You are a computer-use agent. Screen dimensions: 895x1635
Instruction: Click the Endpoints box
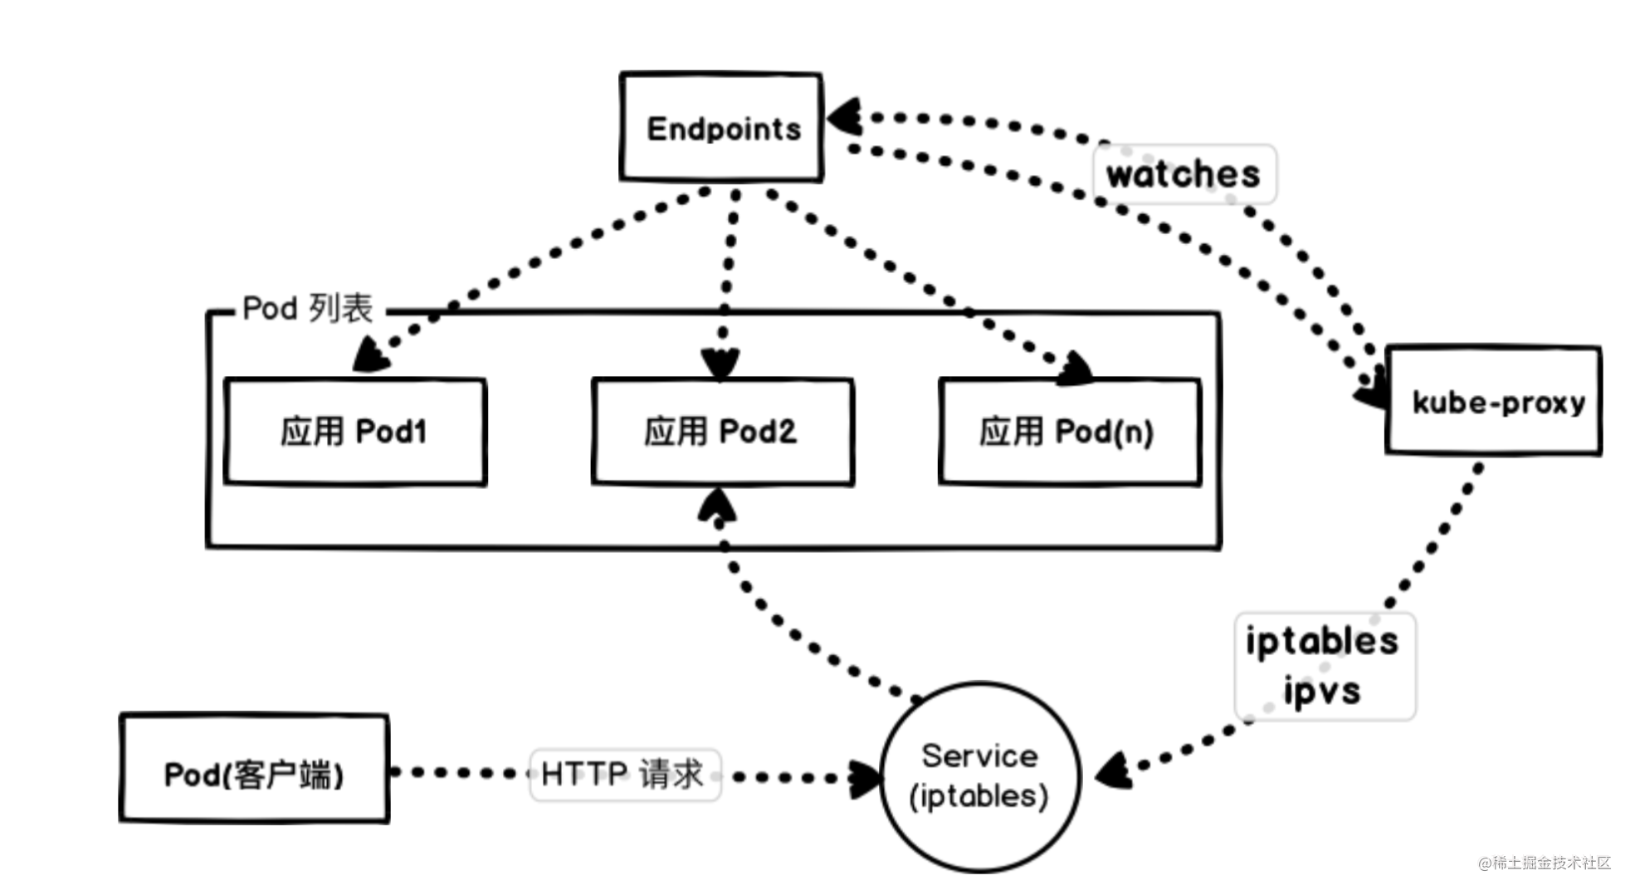[720, 127]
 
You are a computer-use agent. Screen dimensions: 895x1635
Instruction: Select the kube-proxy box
[1493, 401]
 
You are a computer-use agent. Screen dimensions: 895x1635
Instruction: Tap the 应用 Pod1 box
[354, 432]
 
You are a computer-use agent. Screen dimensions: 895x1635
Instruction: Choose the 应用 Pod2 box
[722, 432]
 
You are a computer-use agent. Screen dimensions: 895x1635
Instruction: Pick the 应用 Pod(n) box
[1069, 432]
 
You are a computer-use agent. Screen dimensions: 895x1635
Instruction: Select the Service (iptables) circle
[979, 777]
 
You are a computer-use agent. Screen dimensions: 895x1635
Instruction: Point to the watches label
[1184, 174]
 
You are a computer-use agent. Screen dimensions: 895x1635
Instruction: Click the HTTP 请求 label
[623, 774]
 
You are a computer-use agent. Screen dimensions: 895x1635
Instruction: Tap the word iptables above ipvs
[1322, 641]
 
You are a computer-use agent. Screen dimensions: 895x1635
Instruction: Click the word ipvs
[1322, 691]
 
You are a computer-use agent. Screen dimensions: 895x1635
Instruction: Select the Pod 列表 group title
[308, 309]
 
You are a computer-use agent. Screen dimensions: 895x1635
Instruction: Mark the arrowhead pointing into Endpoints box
[845, 117]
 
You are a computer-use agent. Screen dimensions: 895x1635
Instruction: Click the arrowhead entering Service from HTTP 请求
[865, 778]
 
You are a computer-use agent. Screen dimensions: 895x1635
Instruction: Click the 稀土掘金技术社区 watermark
[1545, 863]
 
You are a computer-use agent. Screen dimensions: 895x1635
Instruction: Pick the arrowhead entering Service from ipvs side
[1113, 772]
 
